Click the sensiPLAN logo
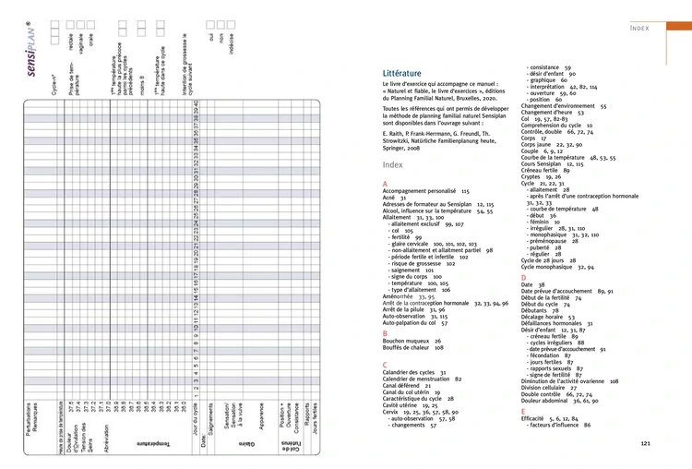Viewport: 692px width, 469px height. [33, 56]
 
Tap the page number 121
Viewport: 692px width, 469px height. [645, 443]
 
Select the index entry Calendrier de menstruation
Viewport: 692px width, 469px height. [422, 379]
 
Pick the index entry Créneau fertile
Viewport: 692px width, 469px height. [544, 171]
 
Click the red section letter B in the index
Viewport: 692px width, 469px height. [385, 332]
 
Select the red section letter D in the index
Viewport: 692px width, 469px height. [523, 277]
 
